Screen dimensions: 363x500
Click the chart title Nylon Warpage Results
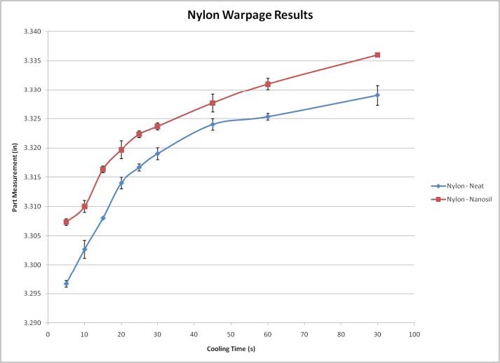[x=250, y=14]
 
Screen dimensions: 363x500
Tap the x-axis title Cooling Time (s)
[x=231, y=348]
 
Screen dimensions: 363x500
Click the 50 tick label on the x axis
[x=231, y=334]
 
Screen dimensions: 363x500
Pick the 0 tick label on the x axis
[x=48, y=334]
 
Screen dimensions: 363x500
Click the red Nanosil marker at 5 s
[x=66, y=222]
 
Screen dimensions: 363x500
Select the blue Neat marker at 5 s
[x=66, y=284]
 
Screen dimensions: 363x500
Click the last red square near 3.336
[x=377, y=55]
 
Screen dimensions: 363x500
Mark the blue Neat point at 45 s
[x=212, y=125]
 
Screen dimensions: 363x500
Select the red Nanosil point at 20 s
[x=121, y=150]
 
